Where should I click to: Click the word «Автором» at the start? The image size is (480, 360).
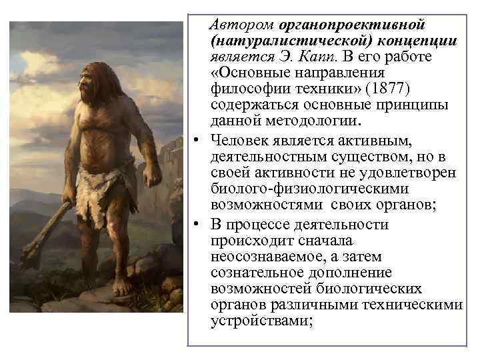coord(234,25)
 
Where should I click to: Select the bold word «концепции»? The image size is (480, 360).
coord(418,41)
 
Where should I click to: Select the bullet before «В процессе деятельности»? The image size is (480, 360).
coord(199,224)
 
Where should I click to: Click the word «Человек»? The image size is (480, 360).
coord(241,139)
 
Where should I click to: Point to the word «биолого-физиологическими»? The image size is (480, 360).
coord(332,189)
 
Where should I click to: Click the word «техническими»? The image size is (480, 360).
coord(420,305)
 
